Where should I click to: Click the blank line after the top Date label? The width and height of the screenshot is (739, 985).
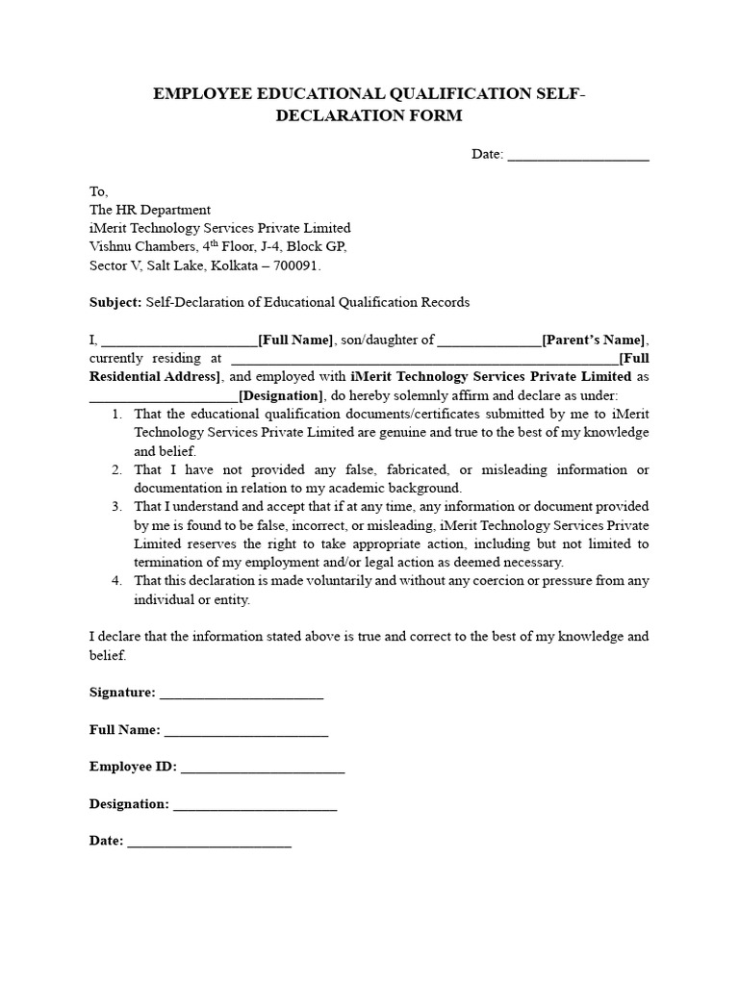tap(577, 156)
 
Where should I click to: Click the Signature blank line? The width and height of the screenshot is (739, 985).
tap(241, 694)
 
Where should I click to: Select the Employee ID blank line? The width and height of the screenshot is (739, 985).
tap(262, 768)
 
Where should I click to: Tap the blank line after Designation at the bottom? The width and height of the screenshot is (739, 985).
tap(255, 805)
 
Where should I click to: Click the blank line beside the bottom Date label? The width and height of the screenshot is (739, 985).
tap(209, 842)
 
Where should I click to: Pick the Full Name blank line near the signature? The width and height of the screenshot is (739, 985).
tap(246, 731)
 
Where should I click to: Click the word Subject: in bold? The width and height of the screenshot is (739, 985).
tap(115, 302)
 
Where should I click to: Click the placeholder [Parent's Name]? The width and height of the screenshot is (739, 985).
tap(595, 340)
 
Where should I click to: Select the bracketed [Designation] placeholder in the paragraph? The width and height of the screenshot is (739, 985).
tap(281, 395)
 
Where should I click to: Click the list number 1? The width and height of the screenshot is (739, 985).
tap(115, 414)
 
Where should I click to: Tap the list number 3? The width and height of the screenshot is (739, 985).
tap(115, 507)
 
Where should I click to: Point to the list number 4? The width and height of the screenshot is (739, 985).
tap(115, 581)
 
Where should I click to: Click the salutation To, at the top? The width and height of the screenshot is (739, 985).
tap(99, 191)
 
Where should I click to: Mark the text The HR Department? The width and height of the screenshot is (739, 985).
tap(149, 210)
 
